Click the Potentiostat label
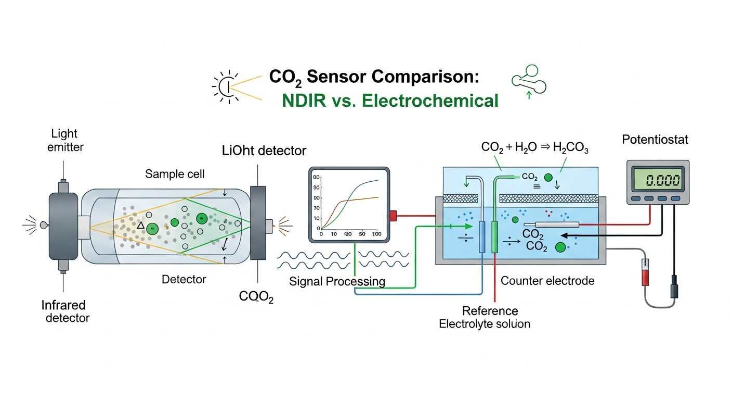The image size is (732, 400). click(655, 140)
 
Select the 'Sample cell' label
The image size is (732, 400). click(175, 173)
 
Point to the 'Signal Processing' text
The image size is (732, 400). click(337, 282)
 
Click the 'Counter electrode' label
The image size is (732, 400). click(547, 281)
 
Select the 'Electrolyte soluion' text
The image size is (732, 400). click(485, 324)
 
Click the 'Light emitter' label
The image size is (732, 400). click(66, 140)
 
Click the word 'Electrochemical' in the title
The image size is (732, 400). click(430, 100)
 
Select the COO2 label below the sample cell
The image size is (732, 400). click(256, 297)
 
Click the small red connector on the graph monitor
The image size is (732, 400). click(393, 215)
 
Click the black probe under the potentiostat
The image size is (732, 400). click(674, 286)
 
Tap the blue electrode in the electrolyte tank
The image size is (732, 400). click(481, 236)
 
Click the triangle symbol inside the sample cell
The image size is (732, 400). click(140, 226)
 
